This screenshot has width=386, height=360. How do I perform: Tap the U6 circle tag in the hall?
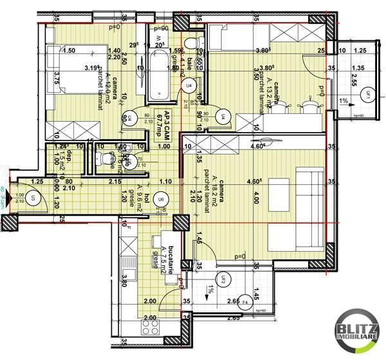(x=161, y=198)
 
